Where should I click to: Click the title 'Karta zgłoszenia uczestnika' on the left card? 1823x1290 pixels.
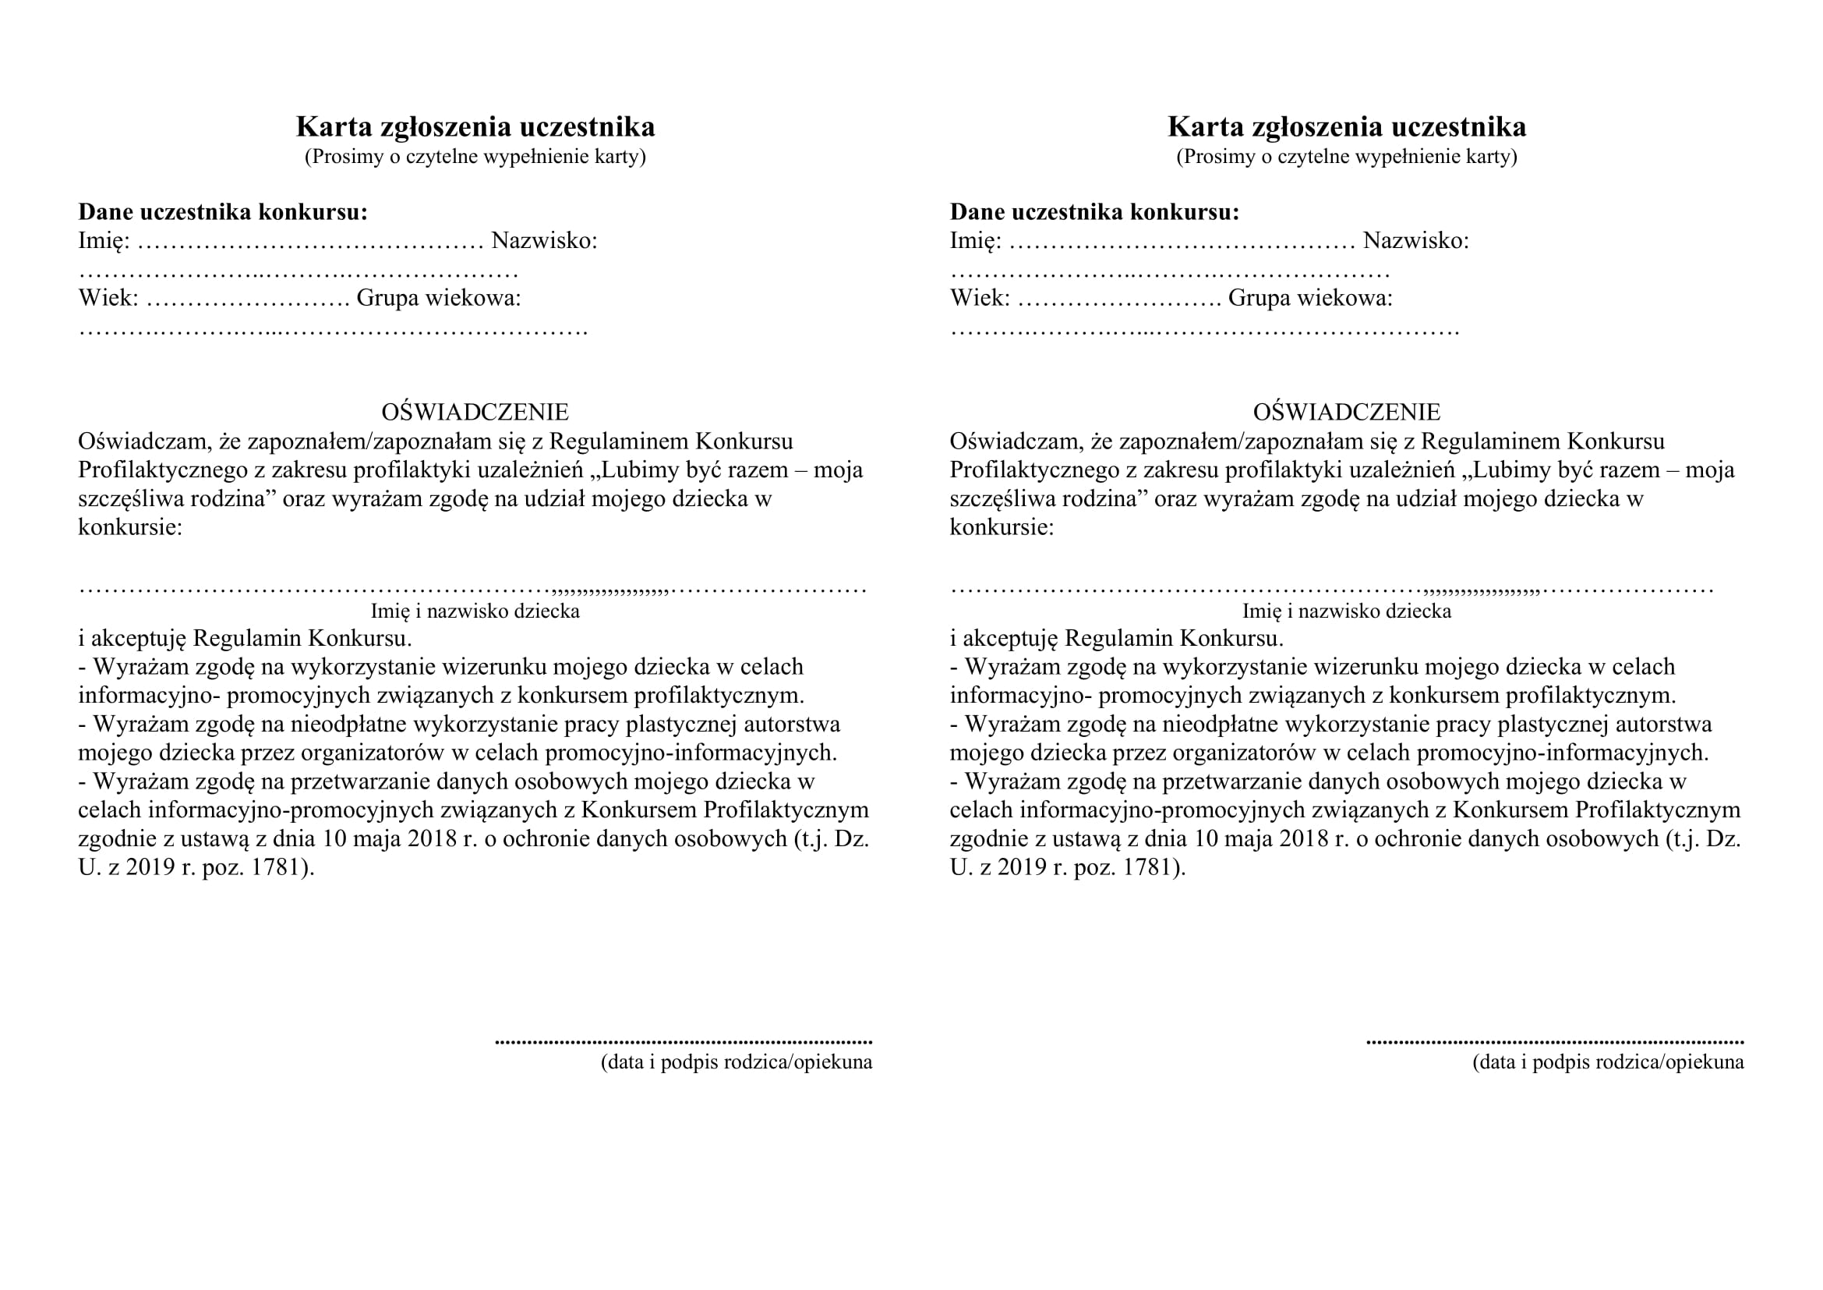coord(475,127)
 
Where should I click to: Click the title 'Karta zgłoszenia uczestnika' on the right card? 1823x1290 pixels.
coord(1347,127)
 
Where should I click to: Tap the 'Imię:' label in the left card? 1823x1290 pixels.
coord(104,241)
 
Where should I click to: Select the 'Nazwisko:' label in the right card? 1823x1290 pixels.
coord(1415,241)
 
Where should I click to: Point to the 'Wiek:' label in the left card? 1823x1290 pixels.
coord(108,299)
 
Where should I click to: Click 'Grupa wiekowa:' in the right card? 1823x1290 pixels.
coord(1310,299)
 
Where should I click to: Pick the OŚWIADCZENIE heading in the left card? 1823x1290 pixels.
coord(475,413)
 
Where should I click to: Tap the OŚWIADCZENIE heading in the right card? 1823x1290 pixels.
coord(1347,413)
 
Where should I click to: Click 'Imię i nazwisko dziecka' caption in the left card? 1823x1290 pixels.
coord(475,611)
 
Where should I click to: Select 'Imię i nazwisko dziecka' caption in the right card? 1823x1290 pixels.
coord(1347,611)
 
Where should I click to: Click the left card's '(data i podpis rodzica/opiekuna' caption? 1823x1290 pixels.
coord(736,1063)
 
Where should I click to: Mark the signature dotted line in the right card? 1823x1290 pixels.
coord(1555,1041)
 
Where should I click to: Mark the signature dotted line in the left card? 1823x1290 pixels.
coord(683,1041)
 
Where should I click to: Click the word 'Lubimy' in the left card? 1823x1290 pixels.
coord(636,470)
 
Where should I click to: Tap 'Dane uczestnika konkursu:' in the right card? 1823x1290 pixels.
coord(1094,212)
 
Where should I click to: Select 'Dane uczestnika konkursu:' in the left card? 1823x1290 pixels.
coord(223,212)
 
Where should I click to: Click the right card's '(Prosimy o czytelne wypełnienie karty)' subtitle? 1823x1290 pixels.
coord(1347,157)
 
